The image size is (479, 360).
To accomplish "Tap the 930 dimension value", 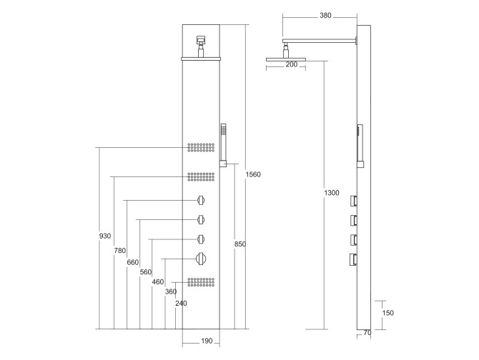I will [x=105, y=236].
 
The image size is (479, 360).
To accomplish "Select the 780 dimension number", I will [x=119, y=250].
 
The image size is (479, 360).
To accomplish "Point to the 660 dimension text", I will [x=132, y=262].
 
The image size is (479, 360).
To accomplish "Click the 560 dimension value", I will [x=145, y=272].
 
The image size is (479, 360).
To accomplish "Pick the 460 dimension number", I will [x=158, y=282].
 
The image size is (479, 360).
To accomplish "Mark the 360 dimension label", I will [x=170, y=291].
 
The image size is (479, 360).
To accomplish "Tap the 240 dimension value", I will [x=181, y=303].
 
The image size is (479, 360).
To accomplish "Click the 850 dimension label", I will [x=240, y=244].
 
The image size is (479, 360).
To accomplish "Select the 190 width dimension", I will [x=206, y=341].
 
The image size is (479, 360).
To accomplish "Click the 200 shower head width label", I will [x=292, y=65].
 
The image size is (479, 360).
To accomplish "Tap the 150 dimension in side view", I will [x=387, y=313].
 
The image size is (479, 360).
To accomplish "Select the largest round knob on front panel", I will [x=202, y=259].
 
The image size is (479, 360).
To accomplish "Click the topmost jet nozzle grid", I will [x=202, y=147].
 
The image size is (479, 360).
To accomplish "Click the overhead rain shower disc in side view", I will [x=286, y=58].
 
